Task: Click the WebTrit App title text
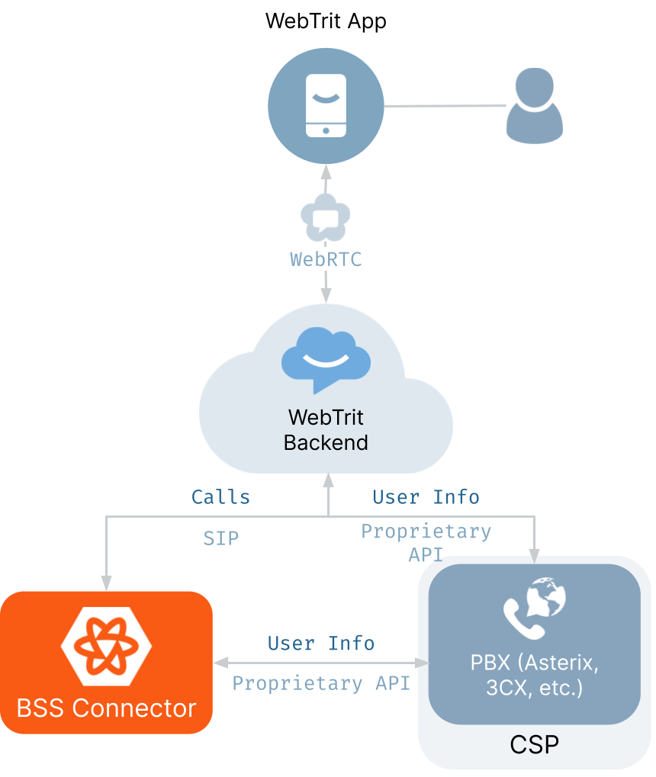(x=326, y=21)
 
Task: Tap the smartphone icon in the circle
(x=326, y=105)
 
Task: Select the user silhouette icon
(x=535, y=105)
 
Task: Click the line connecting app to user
(x=445, y=105)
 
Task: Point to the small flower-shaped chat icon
(x=326, y=218)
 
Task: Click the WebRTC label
(x=326, y=259)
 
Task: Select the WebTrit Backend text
(x=326, y=429)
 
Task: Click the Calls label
(x=220, y=497)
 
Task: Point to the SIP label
(x=221, y=538)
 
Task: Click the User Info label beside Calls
(x=426, y=497)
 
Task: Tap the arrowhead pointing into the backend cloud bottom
(x=328, y=480)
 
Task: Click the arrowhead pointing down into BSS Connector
(x=106, y=583)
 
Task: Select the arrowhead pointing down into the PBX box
(x=534, y=556)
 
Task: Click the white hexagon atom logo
(x=106, y=646)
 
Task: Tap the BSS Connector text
(x=106, y=708)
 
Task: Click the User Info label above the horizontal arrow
(x=321, y=644)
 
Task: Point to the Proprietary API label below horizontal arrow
(x=321, y=683)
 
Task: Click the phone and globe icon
(x=535, y=608)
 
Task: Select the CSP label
(x=535, y=745)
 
